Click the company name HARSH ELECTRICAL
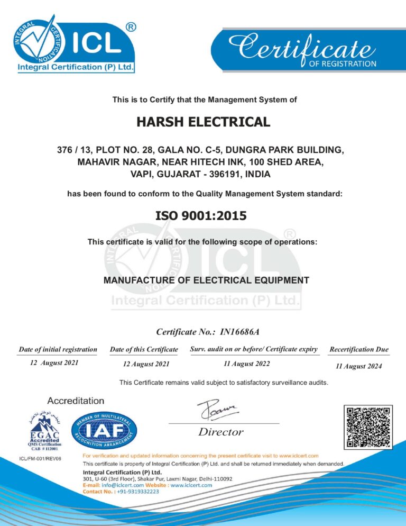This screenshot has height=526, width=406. click(203, 122)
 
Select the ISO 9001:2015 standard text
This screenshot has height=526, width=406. click(201, 215)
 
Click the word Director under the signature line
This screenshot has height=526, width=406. click(221, 432)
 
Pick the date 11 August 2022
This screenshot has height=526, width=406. click(247, 364)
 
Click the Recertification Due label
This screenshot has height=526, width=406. click(358, 349)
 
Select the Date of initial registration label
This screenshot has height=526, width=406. click(58, 349)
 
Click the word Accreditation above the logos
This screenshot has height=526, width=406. click(76, 401)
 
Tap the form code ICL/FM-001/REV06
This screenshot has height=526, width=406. click(40, 458)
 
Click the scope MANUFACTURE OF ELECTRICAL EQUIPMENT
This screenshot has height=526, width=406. click(206, 280)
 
